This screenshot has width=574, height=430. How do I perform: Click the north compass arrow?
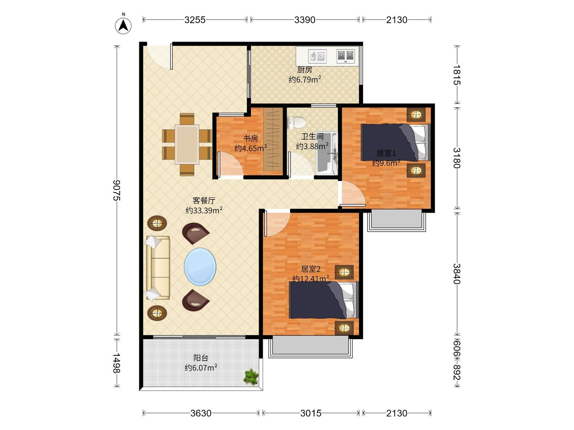123,26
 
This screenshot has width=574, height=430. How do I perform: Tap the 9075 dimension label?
117,190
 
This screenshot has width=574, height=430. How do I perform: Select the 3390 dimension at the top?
305,20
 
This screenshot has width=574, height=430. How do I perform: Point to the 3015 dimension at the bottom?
311,413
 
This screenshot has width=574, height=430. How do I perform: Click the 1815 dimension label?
457,75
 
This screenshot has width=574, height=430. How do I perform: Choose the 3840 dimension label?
457,274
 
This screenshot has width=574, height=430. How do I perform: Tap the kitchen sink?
317,56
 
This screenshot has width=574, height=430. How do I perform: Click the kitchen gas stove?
346,56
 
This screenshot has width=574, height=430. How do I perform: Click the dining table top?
187,144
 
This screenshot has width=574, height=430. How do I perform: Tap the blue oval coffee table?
200,267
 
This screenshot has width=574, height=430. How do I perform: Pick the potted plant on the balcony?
251,377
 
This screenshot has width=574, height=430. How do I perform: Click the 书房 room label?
251,138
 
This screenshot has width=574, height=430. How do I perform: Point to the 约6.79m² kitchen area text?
305,79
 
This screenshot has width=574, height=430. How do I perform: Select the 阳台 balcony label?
201,358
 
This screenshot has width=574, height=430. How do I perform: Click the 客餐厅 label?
204,200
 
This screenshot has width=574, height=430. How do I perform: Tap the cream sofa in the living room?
158,268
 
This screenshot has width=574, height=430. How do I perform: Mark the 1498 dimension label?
117,363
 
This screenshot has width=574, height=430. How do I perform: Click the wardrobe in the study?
273,140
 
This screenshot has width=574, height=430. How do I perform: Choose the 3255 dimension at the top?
195,20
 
